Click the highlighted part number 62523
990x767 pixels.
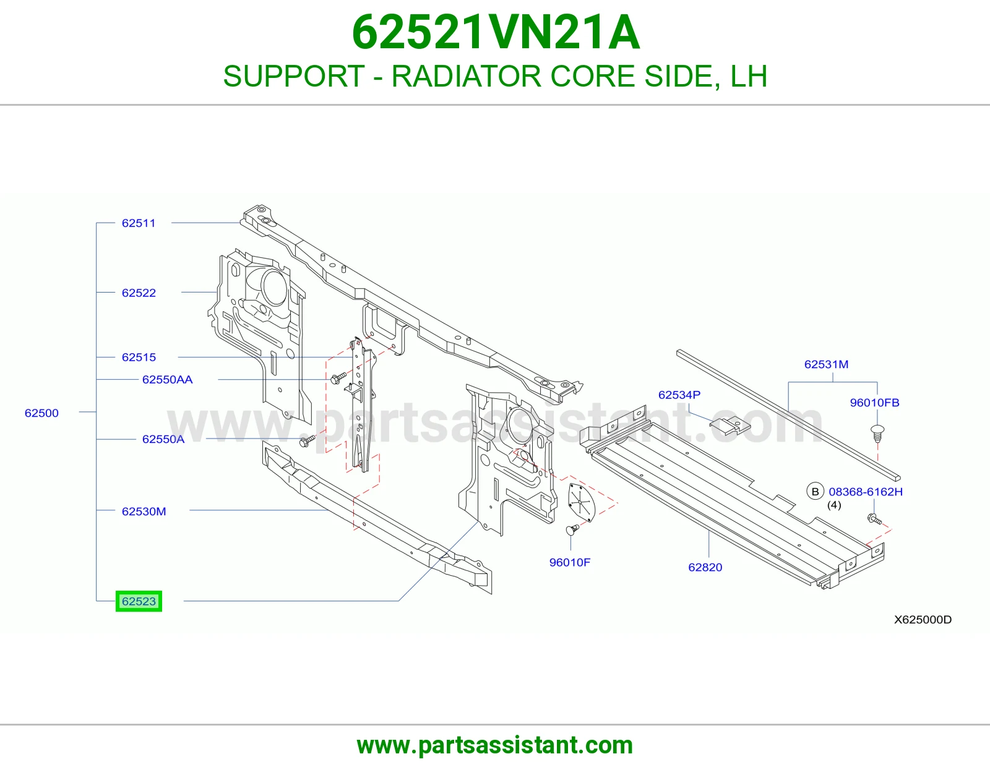(139, 601)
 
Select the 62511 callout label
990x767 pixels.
(139, 223)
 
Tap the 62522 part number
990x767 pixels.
(139, 293)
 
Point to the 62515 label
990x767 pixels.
(139, 357)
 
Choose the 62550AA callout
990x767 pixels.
(167, 379)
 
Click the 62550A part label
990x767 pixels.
(163, 439)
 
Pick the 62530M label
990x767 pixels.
(144, 512)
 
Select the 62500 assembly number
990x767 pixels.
(41, 413)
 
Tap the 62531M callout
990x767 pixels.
(826, 364)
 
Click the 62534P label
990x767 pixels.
(679, 395)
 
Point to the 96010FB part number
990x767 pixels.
(874, 403)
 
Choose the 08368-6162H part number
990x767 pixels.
(866, 492)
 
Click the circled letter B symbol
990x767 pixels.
(815, 492)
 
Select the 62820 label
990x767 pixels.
(705, 567)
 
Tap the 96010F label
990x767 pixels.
(569, 562)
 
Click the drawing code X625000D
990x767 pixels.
(923, 619)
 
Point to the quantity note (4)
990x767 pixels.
(834, 505)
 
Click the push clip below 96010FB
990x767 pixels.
(877, 433)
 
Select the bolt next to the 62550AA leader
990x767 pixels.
(338, 378)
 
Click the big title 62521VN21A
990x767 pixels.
(496, 33)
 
